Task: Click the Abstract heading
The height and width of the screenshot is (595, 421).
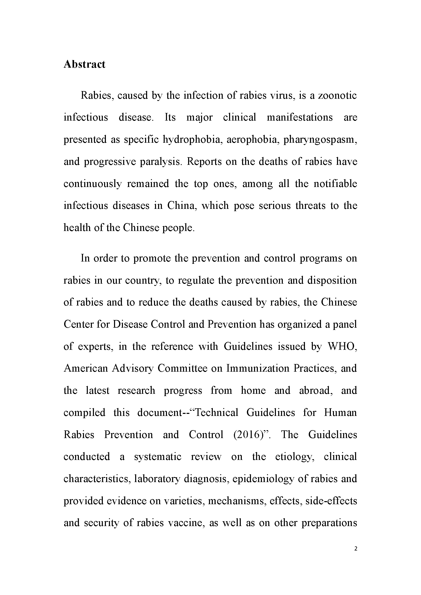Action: [84, 64]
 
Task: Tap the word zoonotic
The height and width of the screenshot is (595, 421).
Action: [337, 96]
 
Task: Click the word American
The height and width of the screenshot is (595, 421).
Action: [86, 368]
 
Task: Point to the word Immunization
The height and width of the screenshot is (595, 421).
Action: [257, 368]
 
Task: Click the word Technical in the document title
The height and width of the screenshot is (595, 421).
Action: [216, 413]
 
